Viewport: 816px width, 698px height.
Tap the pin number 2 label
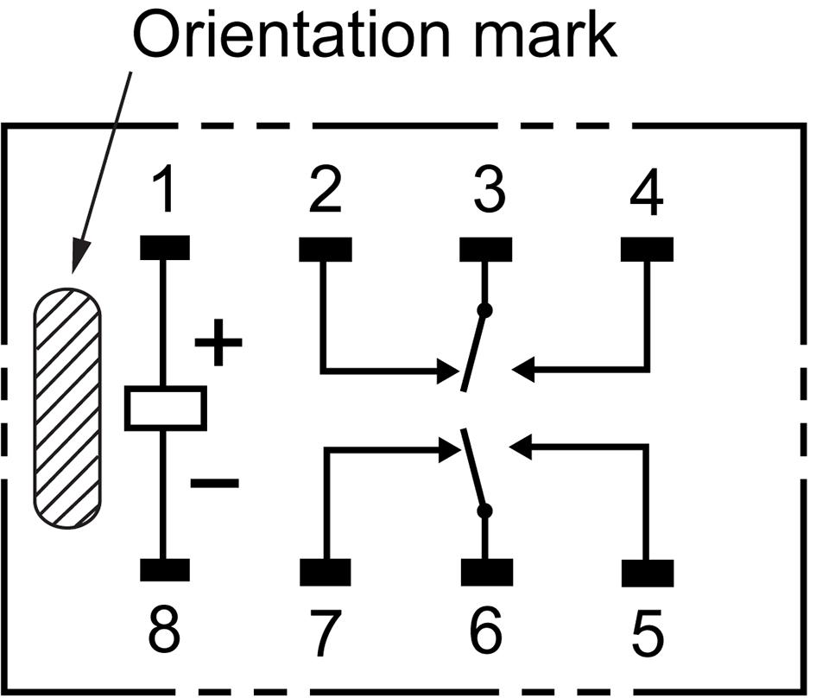tap(325, 193)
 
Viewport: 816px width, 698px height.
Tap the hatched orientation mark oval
tap(67, 408)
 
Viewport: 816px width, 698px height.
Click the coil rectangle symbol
tap(165, 409)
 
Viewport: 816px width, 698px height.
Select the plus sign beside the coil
tap(218, 343)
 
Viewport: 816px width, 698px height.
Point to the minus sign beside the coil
tap(214, 484)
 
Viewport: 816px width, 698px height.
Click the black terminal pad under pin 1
tap(164, 248)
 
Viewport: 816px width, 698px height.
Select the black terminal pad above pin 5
tap(647, 572)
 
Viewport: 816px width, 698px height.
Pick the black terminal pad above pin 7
tap(325, 572)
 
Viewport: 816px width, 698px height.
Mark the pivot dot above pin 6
tap(484, 511)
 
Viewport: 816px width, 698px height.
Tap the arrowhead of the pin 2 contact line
tap(449, 372)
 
